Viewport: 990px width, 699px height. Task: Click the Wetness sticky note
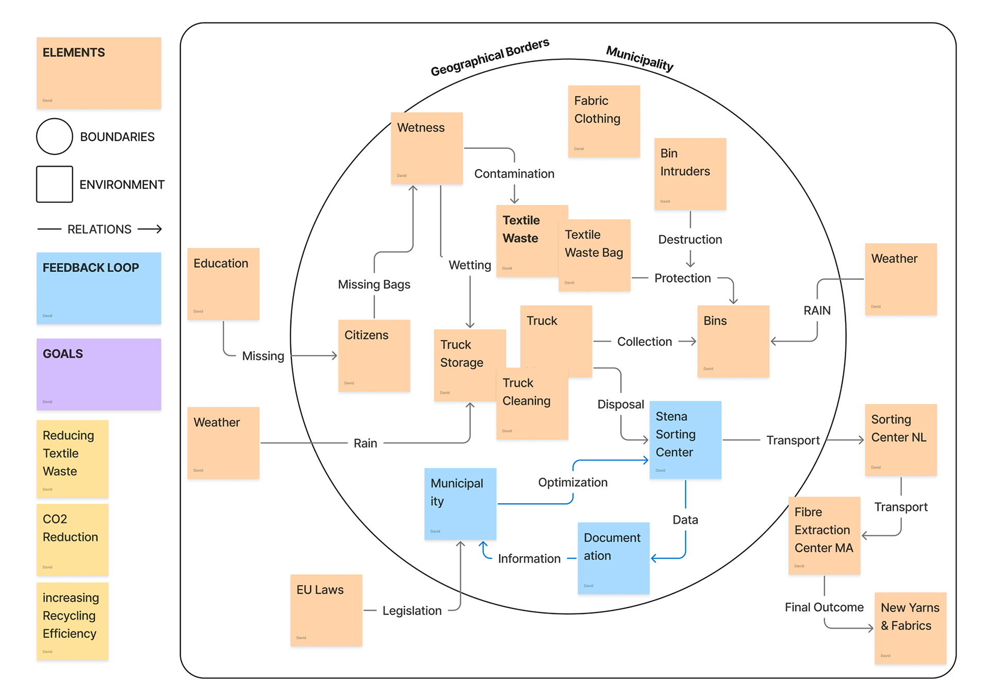click(x=426, y=148)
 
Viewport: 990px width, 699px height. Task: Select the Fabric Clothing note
click(x=604, y=122)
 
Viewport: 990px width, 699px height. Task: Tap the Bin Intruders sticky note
click(x=690, y=174)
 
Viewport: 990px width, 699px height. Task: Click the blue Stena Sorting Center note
click(x=685, y=440)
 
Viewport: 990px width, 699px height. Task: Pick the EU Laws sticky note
click(x=326, y=610)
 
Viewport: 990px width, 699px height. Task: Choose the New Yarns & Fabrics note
click(x=910, y=628)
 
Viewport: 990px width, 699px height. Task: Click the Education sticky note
click(x=223, y=284)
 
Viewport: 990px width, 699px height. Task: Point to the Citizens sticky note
click(x=374, y=355)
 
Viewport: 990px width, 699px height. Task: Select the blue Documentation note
click(x=613, y=558)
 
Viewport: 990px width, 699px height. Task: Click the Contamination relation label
click(x=514, y=174)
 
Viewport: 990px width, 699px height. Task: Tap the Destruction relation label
click(x=690, y=240)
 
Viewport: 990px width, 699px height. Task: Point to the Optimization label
click(x=572, y=483)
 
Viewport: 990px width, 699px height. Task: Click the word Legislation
click(x=412, y=611)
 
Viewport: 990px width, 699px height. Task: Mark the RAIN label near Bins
click(x=817, y=311)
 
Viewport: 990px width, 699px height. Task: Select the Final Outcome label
click(x=824, y=608)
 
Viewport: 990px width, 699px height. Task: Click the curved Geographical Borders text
click(x=490, y=57)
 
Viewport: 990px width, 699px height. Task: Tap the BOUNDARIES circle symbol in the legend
click(x=55, y=137)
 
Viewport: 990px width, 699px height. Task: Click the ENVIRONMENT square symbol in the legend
click(x=55, y=184)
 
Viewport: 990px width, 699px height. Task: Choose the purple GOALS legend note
click(x=98, y=374)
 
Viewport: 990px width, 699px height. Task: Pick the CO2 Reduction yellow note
click(x=72, y=539)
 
